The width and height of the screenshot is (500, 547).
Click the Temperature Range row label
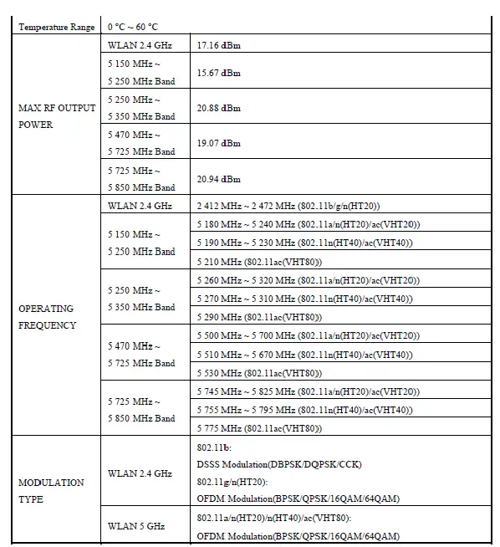[x=56, y=28]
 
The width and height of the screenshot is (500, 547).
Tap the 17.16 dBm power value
[x=218, y=45]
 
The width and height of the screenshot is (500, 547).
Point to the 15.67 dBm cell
[x=218, y=74]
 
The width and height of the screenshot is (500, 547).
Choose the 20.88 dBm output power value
[x=218, y=109]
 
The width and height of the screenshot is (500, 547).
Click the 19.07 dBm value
[x=218, y=144]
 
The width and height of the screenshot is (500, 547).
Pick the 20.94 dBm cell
[x=218, y=179]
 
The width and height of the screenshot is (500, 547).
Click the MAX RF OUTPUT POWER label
[x=57, y=116]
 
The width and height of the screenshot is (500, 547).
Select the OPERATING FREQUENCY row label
[x=48, y=317]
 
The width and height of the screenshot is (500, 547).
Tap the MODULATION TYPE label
[x=51, y=491]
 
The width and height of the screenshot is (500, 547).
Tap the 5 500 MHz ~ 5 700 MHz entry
[x=308, y=336]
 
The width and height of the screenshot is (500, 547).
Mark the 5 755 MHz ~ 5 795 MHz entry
[x=304, y=410]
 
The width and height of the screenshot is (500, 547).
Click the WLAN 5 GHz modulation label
[x=136, y=526]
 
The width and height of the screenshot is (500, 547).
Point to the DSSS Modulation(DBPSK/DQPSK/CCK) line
[x=278, y=464]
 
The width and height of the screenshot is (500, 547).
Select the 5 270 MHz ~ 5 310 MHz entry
[x=304, y=299]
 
